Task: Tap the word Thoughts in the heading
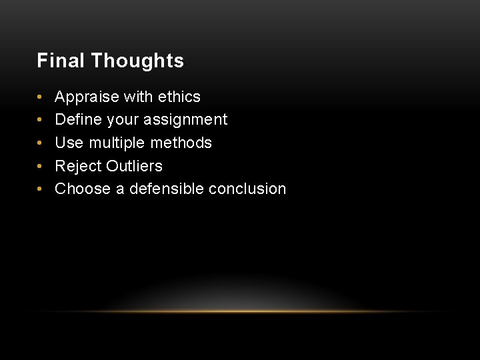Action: (137, 61)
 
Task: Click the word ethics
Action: (179, 97)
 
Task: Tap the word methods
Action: (183, 143)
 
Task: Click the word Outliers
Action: (135, 166)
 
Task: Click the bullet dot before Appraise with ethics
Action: (41, 97)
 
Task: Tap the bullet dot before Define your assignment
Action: (41, 121)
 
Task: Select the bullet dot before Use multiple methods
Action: (41, 143)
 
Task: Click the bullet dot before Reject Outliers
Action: (41, 167)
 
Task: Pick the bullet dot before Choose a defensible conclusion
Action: (41, 189)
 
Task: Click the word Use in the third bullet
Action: (67, 143)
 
